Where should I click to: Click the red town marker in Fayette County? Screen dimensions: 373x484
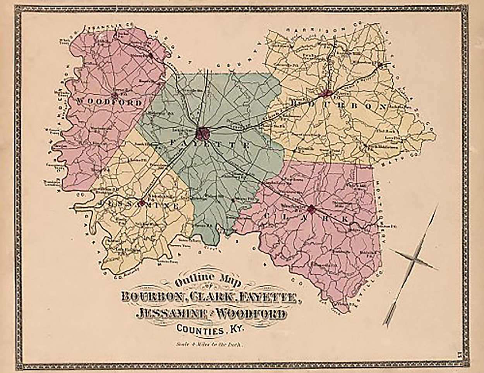tap(203, 134)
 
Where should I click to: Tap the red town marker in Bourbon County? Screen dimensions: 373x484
tap(327, 93)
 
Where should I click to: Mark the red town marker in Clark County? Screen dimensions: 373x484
tap(311, 210)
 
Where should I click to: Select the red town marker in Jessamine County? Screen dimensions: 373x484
tap(142, 202)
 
